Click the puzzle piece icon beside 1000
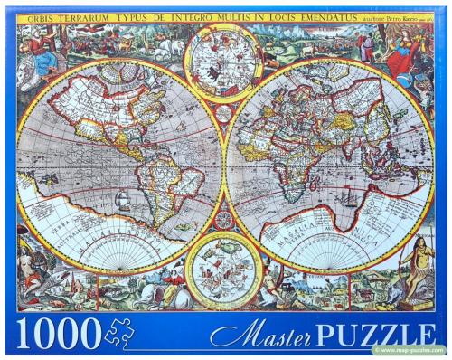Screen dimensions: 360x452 (119, 334)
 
